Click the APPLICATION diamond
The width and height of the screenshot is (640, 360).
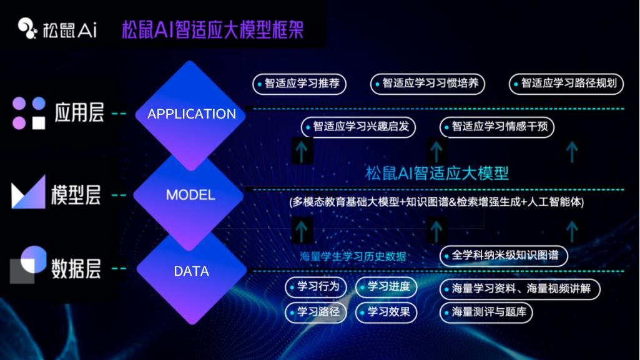(x=191, y=114)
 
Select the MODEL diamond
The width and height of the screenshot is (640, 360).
(x=190, y=195)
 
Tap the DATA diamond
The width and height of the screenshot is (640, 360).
(x=191, y=271)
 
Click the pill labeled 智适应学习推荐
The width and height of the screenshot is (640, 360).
(x=299, y=84)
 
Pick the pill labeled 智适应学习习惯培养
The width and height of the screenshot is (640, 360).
(x=428, y=84)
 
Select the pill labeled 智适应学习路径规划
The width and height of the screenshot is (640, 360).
(x=566, y=84)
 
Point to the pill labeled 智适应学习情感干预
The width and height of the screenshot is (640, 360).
(x=496, y=127)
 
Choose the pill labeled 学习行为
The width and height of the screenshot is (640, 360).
(x=317, y=287)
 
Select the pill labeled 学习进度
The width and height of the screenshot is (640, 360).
(x=385, y=287)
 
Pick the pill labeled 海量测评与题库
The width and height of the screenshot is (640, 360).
(x=486, y=312)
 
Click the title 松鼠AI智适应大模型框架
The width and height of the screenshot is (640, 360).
(x=212, y=29)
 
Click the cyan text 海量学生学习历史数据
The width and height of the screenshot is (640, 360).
(x=353, y=256)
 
